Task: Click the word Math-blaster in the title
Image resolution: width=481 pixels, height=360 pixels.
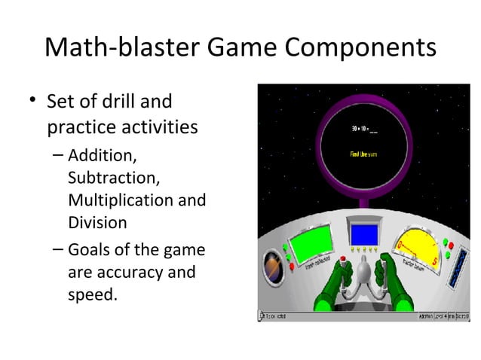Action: (x=121, y=48)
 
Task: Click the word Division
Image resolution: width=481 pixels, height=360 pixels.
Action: (x=97, y=223)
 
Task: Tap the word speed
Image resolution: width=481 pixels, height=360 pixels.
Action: (x=92, y=293)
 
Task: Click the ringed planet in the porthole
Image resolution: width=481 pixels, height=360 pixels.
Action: (x=271, y=267)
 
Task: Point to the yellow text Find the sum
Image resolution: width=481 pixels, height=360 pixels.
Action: (x=364, y=155)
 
